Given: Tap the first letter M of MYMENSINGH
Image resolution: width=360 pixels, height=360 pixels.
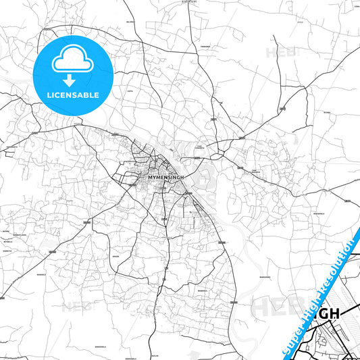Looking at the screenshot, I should click(x=149, y=178).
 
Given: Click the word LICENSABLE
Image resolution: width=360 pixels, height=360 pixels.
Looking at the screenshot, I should click(x=72, y=94).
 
